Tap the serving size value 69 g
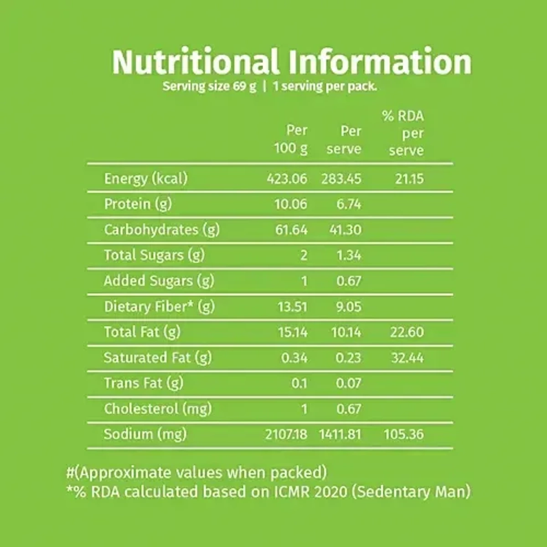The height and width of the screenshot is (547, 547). point(246,86)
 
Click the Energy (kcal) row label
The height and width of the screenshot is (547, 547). point(146,178)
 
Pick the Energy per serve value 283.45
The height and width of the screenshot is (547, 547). point(341,178)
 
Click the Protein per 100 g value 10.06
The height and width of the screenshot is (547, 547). point(291,204)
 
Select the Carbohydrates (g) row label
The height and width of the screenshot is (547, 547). point(162,229)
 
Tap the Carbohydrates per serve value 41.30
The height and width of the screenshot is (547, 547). point(346,229)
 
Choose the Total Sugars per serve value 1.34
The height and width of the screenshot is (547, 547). point(349,255)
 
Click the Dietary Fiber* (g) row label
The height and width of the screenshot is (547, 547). point(159,306)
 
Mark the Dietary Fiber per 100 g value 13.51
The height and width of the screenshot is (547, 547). point(292,306)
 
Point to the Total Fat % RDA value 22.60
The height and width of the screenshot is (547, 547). point(407,332)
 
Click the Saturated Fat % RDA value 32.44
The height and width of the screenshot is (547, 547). point(407,357)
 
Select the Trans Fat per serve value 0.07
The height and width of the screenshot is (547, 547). point(349,383)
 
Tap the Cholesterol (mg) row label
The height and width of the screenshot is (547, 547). point(158,408)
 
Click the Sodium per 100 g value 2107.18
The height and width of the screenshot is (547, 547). point(286,434)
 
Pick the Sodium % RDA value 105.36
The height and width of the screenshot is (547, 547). point(404,434)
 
